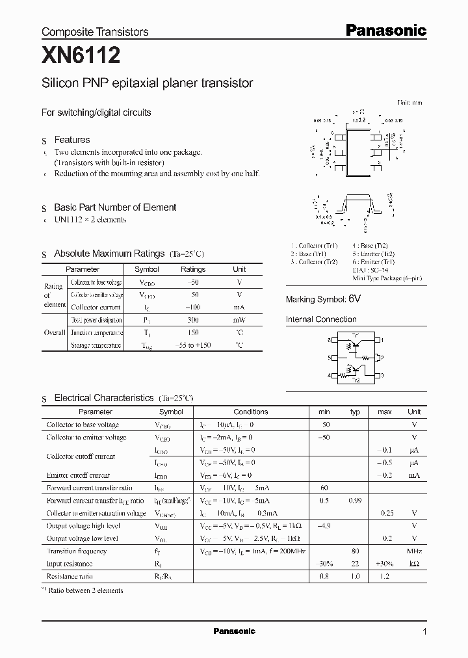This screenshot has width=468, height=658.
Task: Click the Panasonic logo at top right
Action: coord(385,30)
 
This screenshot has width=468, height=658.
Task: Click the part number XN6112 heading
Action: coord(81,57)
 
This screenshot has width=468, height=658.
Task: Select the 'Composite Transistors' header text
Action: coord(95,32)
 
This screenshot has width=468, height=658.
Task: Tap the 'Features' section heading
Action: coord(71,140)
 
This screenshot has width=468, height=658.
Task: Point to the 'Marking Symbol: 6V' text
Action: coord(323,299)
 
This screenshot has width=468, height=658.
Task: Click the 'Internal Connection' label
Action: coord(321,319)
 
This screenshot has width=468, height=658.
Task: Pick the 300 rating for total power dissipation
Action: coord(192,320)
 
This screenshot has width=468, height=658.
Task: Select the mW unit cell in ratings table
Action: coord(239,320)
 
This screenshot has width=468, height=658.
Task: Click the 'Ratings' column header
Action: coord(192,269)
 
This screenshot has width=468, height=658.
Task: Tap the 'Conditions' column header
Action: coord(250,412)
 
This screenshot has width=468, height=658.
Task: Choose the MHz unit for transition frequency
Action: coord(414,551)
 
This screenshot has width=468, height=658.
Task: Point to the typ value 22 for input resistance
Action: coord(355,564)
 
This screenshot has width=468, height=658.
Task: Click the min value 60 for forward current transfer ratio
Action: coord(324,488)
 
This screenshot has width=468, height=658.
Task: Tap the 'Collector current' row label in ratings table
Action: coord(96,307)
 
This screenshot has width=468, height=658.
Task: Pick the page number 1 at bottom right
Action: coord(425,631)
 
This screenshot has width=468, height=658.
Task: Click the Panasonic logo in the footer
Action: coord(234,631)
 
